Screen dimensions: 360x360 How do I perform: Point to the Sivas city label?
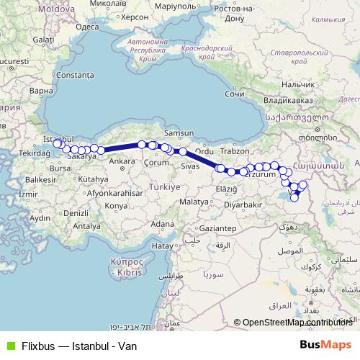point(190,166)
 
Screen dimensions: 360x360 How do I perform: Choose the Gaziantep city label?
point(217,228)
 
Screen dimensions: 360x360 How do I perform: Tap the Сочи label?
point(235,94)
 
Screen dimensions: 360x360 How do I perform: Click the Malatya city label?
point(193,202)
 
